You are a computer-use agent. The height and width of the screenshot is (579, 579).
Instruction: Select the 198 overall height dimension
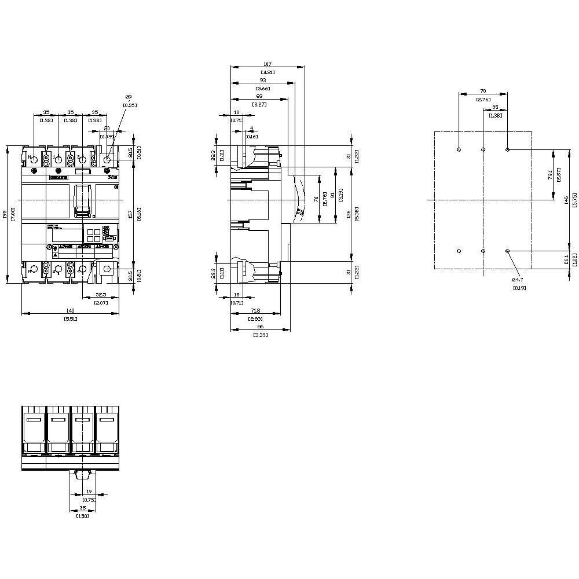click(5, 214)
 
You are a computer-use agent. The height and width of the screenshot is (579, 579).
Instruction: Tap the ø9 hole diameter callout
click(128, 98)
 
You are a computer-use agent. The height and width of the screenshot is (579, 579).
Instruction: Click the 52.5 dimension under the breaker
click(101, 295)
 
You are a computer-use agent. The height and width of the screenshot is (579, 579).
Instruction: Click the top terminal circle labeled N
click(34, 159)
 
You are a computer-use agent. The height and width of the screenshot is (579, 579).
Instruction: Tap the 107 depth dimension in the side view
click(267, 64)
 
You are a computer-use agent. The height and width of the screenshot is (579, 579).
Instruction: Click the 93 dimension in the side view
click(263, 80)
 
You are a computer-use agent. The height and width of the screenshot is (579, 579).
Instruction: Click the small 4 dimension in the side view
click(251, 129)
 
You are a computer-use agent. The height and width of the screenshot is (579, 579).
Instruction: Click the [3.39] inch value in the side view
click(260, 335)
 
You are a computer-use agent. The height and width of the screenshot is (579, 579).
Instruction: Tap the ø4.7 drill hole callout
click(519, 280)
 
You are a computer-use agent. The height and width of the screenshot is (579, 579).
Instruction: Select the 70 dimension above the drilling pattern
click(483, 91)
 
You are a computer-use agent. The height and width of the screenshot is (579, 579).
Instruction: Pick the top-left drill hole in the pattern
click(459, 149)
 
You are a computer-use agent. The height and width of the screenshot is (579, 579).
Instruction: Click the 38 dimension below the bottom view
click(83, 507)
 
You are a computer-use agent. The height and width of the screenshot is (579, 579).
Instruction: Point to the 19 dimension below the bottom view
click(89, 492)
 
